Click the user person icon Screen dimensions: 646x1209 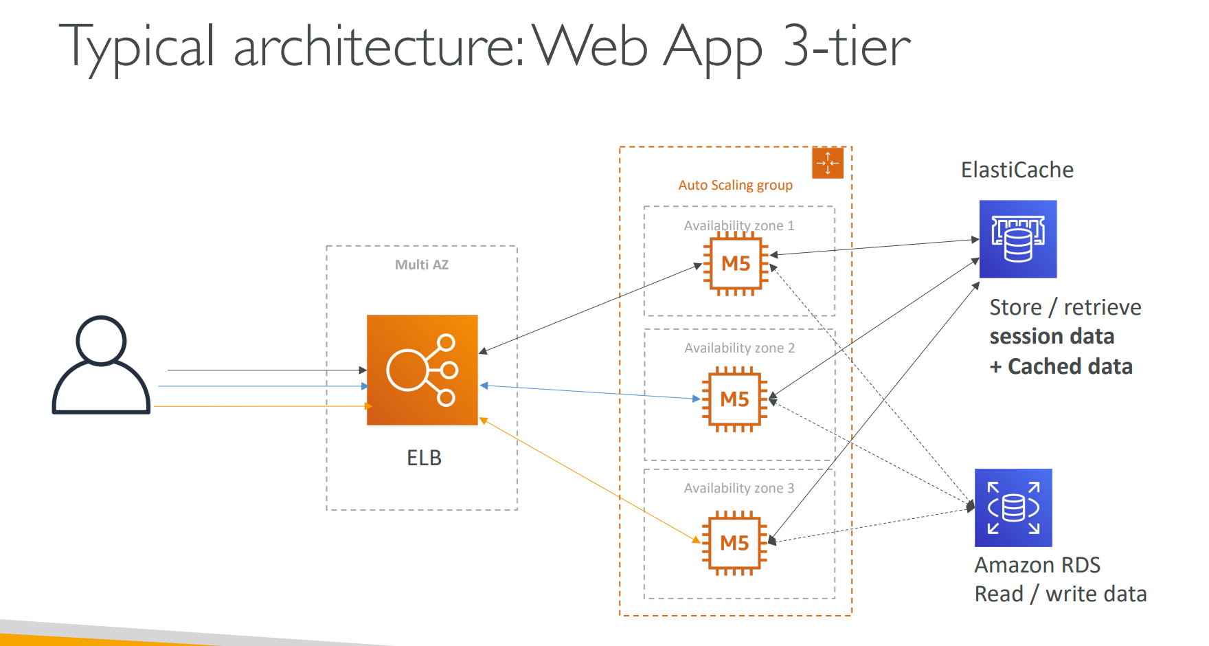tap(101, 365)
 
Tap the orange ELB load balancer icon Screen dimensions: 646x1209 tap(422, 370)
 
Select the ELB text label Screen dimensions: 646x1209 tap(424, 458)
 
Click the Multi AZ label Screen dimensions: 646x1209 tap(422, 265)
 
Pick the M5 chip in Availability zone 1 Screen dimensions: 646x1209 tap(736, 263)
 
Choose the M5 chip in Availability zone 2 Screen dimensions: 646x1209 tap(734, 399)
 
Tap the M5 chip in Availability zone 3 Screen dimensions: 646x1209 tap(734, 543)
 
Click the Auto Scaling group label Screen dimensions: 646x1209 tap(735, 185)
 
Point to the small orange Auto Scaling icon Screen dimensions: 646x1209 tap(827, 163)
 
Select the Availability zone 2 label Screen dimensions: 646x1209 tap(739, 348)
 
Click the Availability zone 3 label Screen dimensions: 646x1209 tap(739, 488)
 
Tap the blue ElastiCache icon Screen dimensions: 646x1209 tap(1017, 239)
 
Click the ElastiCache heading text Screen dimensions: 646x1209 tap(1017, 170)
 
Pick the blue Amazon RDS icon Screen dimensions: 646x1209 tap(1013, 508)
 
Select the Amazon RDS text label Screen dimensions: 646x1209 tap(1037, 565)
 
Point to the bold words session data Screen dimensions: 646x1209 tap(1052, 336)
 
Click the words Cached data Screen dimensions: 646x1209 tap(1070, 366)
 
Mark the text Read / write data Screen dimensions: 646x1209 tap(1061, 594)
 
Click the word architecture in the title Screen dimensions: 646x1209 tap(379, 47)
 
